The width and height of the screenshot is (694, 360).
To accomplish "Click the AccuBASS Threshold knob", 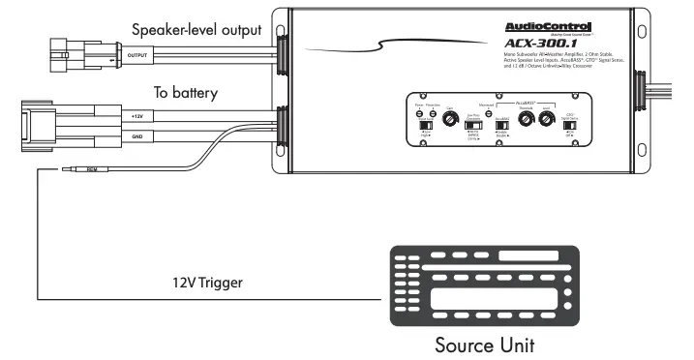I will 526,120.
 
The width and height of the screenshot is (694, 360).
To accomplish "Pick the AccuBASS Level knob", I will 547,120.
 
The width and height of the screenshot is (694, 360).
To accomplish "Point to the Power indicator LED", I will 419,113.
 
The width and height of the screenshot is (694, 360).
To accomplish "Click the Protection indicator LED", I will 431,113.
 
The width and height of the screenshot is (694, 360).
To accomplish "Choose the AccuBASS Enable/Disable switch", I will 501,126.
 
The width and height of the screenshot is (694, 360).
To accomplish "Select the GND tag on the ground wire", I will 137,138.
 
